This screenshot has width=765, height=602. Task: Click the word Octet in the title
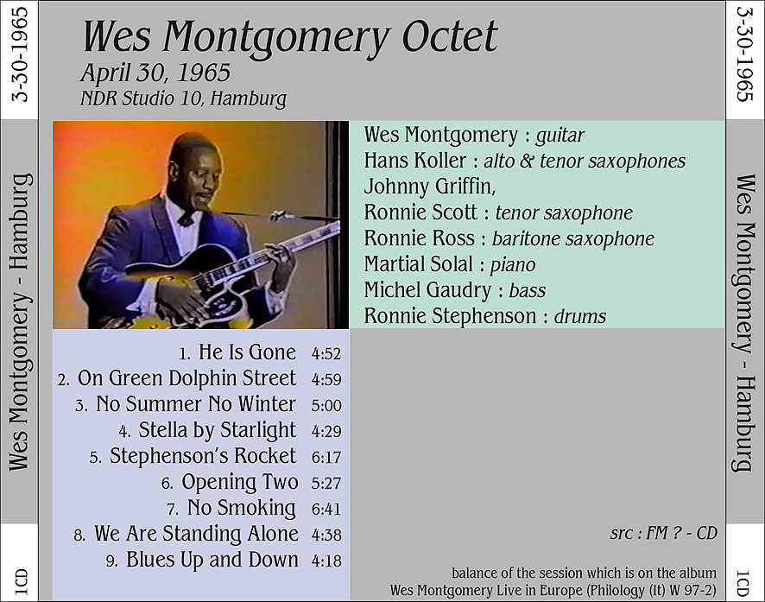tap(449, 36)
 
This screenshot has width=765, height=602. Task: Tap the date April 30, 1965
tap(155, 73)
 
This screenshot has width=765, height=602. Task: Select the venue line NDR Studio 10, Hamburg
tap(183, 98)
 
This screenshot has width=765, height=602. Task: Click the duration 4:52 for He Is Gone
tap(326, 353)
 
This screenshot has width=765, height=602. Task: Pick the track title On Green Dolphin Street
tap(187, 378)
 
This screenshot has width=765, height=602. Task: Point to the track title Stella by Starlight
tap(217, 430)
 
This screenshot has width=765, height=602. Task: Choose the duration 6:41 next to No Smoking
tap(326, 509)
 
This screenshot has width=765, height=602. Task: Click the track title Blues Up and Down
tap(212, 560)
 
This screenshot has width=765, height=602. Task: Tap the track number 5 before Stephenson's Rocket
tap(96, 457)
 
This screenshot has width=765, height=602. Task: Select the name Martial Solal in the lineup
tap(418, 264)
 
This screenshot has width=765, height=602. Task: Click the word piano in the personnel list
tap(513, 265)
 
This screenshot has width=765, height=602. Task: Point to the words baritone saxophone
tap(572, 239)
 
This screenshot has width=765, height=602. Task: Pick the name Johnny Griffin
tap(429, 187)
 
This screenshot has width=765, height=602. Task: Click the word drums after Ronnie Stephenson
tap(579, 316)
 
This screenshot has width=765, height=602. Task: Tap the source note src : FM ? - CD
tap(663, 533)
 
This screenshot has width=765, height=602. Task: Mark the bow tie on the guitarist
tap(186, 218)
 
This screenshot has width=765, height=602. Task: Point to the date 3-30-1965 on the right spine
tap(744, 54)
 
